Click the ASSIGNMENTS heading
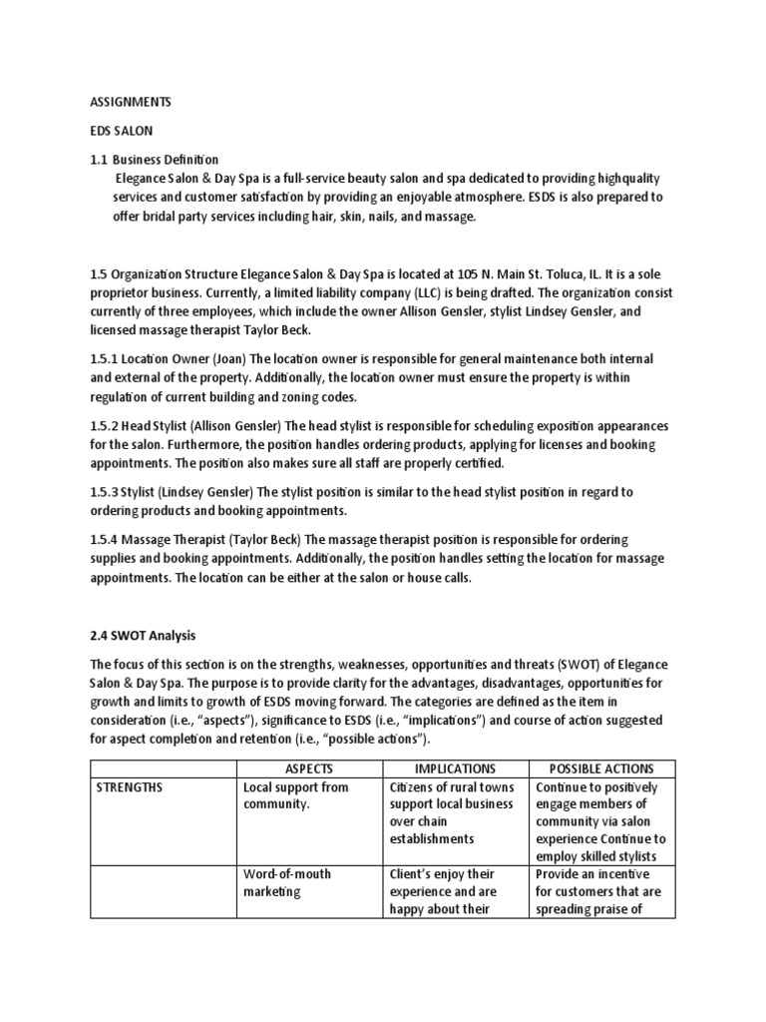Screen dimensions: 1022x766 pyautogui.click(x=131, y=101)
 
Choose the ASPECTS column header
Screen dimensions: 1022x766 pyautogui.click(x=309, y=768)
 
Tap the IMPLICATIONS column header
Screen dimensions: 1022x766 pyautogui.click(x=455, y=768)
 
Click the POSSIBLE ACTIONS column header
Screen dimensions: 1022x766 pyautogui.click(x=601, y=768)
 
